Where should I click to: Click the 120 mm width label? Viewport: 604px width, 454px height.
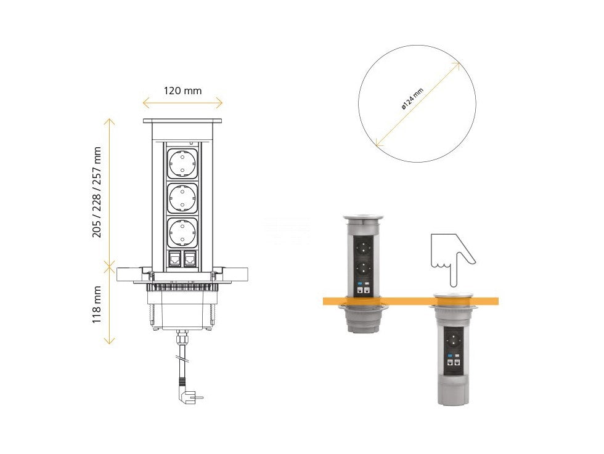pyautogui.click(x=182, y=91)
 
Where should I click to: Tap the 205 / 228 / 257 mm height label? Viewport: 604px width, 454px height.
pyautogui.click(x=97, y=192)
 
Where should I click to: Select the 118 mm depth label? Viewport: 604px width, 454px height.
pyautogui.click(x=97, y=304)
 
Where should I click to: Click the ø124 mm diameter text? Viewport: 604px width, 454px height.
pyautogui.click(x=412, y=99)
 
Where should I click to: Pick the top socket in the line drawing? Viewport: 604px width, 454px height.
pyautogui.click(x=182, y=164)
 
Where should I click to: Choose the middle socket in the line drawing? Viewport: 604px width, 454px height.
pyautogui.click(x=182, y=198)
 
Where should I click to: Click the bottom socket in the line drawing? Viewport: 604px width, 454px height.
pyautogui.click(x=182, y=233)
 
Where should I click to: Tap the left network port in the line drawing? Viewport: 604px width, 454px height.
pyautogui.click(x=175, y=259)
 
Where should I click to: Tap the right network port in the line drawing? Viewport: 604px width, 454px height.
pyautogui.click(x=190, y=259)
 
